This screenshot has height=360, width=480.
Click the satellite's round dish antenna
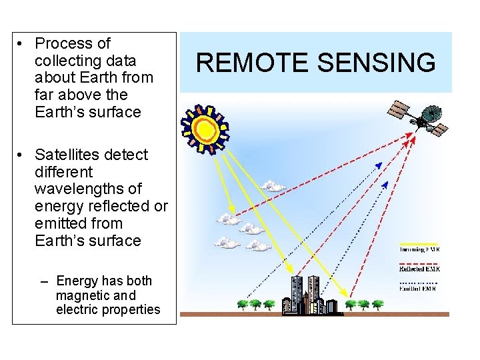tap(432, 113)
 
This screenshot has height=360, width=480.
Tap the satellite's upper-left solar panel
tap(400, 108)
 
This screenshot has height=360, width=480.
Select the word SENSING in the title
tap(375, 63)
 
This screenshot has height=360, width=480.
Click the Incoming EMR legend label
tap(419, 249)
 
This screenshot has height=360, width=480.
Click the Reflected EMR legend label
tap(419, 269)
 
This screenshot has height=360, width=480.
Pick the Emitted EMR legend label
tap(419, 289)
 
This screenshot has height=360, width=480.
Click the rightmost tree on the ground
tap(377, 305)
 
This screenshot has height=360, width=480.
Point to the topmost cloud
tap(271, 185)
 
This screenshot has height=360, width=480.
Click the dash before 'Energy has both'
tap(45, 281)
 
